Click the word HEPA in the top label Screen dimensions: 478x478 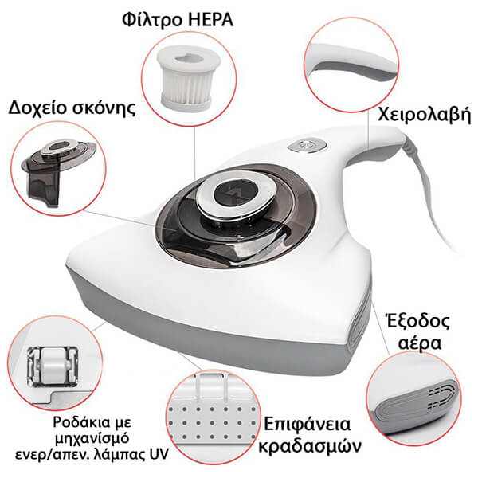pyautogui.click(x=210, y=20)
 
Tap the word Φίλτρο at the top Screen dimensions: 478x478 pyautogui.click(x=153, y=20)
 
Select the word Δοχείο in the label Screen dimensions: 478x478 pyautogui.click(x=38, y=108)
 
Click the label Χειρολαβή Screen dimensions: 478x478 pyautogui.click(x=425, y=116)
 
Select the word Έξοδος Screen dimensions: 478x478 pyautogui.click(x=417, y=321)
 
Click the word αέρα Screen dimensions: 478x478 pyautogui.click(x=420, y=343)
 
